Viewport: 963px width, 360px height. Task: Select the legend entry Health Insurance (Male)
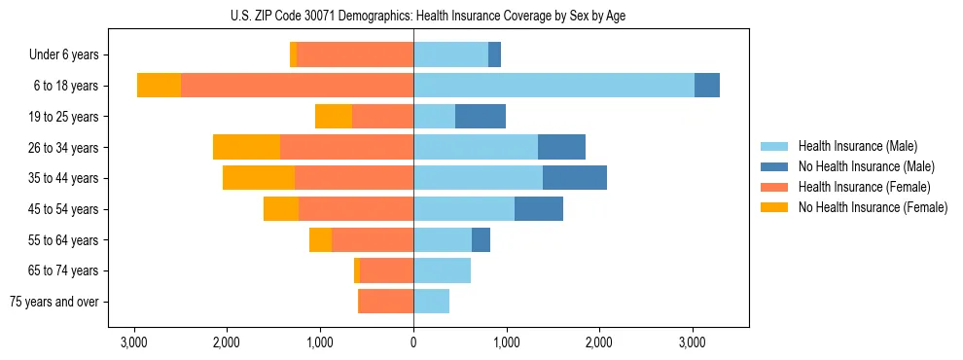point(857,146)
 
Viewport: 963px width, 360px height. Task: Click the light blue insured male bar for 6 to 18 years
point(553,86)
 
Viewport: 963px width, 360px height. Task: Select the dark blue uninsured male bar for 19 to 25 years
point(481,117)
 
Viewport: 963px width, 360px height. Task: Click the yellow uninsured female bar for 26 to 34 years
point(246,148)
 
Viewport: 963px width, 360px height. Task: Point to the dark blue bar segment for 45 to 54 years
point(539,209)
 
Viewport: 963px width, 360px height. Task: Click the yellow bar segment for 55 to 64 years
point(320,240)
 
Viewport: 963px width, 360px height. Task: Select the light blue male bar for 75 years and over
point(431,302)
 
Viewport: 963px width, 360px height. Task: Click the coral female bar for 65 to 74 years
point(386,270)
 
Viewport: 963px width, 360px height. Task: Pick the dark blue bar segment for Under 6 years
point(494,55)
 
